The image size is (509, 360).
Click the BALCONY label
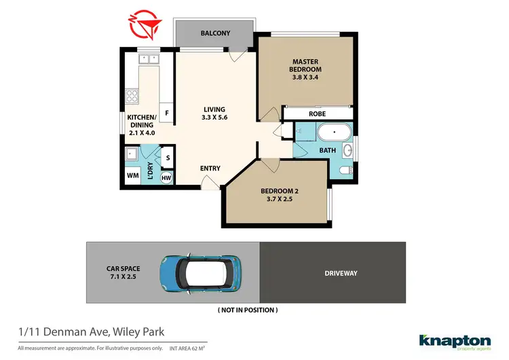point(215,33)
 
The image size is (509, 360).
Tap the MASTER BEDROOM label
point(305,65)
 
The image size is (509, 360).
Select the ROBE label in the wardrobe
point(318,114)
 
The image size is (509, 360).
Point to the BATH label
point(327,149)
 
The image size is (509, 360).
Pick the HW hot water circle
point(166,178)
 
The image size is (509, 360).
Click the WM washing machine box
point(133,176)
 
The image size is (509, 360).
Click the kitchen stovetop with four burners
point(132,96)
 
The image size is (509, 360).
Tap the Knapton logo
point(455,342)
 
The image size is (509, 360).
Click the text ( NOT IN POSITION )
point(247,310)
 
